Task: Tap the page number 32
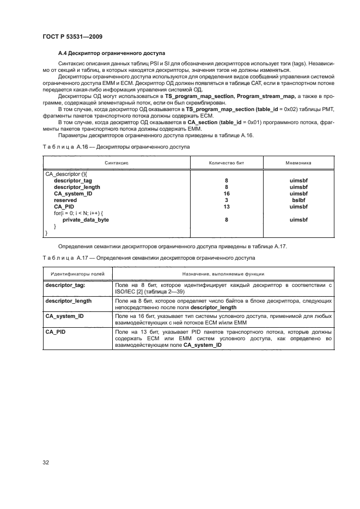tap(46, 463)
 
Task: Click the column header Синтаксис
tap(117, 163)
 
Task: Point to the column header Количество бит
tap(226, 163)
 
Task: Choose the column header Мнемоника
tap(298, 163)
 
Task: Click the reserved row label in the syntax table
tap(65, 200)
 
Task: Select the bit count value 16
tap(226, 193)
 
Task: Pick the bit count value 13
tap(226, 207)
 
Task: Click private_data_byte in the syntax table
tap(86, 219)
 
